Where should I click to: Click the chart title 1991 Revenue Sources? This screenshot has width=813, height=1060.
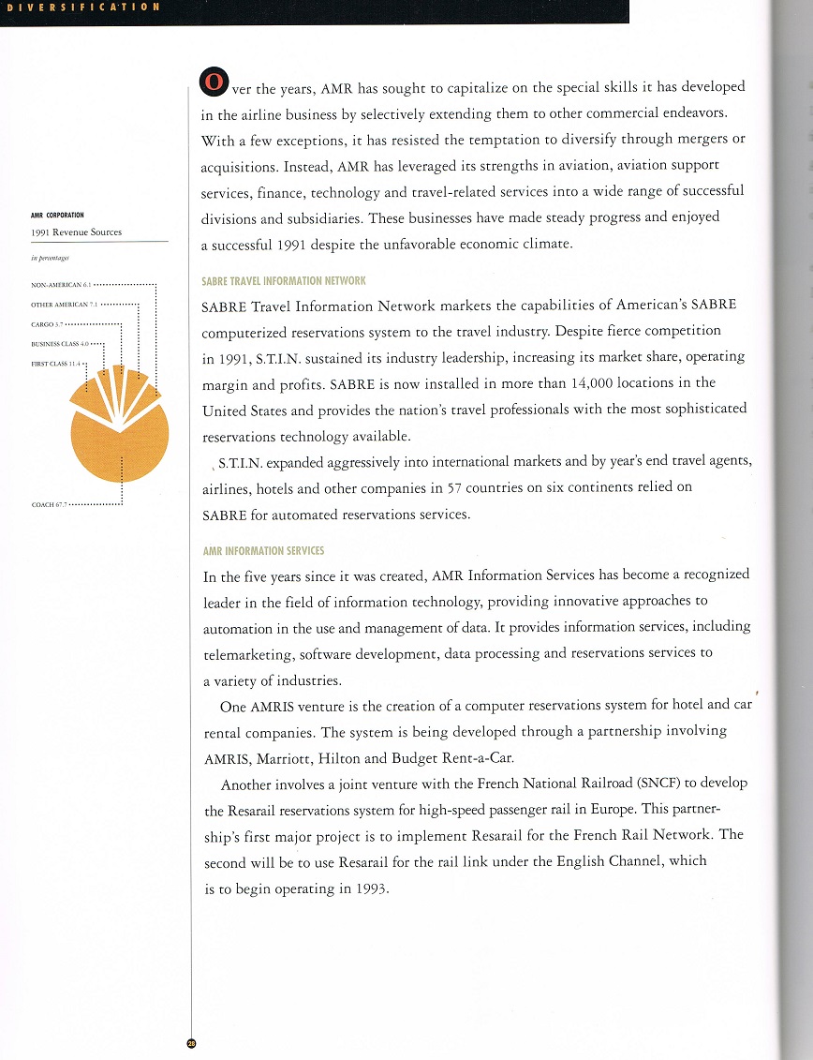pyautogui.click(x=76, y=232)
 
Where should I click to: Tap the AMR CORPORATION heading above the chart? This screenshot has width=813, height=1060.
pyautogui.click(x=57, y=215)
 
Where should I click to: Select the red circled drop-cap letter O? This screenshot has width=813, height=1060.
pyautogui.click(x=213, y=83)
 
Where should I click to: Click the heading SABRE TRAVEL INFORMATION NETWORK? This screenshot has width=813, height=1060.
pyautogui.click(x=284, y=280)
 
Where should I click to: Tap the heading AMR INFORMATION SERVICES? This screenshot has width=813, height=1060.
pyautogui.click(x=263, y=550)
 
